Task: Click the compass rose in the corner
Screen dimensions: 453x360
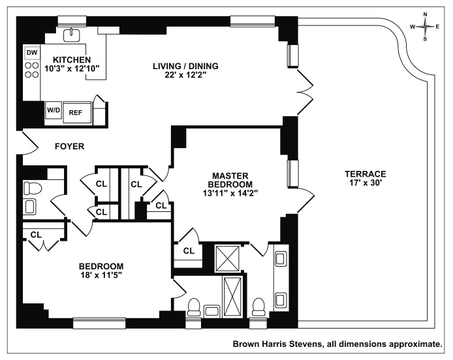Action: [x=426, y=26]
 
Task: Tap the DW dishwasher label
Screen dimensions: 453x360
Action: [x=31, y=52]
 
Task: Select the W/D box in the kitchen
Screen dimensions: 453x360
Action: [x=53, y=111]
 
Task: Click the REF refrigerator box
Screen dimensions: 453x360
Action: [x=76, y=112]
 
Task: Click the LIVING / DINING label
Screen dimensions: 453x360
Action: [x=185, y=66]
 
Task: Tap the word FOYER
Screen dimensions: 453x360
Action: [x=69, y=147]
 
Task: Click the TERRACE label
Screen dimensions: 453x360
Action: [x=366, y=174]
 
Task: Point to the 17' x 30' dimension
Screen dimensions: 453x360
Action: [x=366, y=184]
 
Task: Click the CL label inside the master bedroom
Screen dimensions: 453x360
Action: [x=189, y=250]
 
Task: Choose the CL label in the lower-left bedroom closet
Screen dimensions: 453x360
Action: [x=37, y=233]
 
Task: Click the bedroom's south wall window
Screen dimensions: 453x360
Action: [x=99, y=322]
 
